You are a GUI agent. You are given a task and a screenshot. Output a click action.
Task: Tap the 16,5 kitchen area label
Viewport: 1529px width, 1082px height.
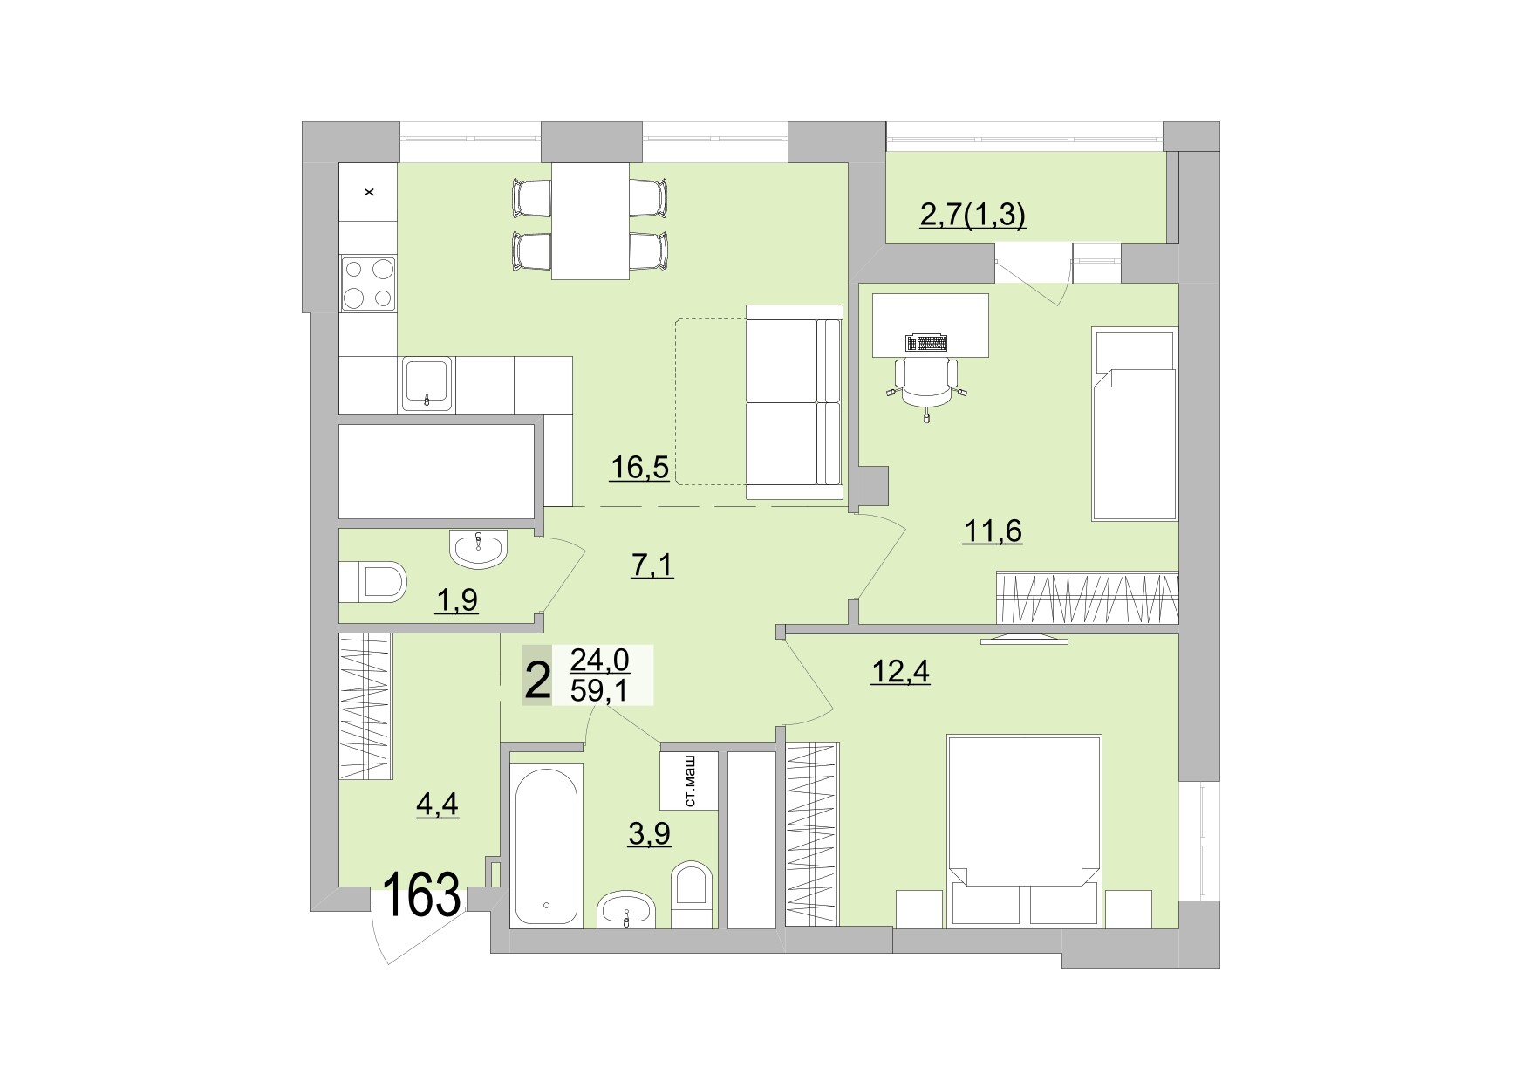(x=639, y=469)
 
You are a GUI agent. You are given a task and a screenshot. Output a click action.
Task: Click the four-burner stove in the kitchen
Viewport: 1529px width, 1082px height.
(x=367, y=284)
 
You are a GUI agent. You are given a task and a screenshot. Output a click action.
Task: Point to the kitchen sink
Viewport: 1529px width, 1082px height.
(x=427, y=383)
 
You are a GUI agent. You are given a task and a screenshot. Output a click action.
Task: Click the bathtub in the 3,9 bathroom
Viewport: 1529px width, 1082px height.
(x=547, y=845)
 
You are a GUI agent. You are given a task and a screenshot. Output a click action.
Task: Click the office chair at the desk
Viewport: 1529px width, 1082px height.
(x=926, y=384)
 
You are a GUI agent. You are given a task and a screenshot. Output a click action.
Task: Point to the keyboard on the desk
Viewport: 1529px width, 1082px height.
(x=927, y=342)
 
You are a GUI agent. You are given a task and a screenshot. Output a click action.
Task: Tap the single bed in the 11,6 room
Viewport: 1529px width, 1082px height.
(x=1135, y=425)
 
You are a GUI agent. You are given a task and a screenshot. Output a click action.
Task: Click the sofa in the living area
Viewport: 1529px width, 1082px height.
(x=794, y=403)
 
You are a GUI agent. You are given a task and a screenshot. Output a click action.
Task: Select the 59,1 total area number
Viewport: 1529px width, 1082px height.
(x=599, y=691)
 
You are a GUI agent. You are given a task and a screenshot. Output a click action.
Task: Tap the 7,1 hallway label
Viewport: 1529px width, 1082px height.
(x=652, y=566)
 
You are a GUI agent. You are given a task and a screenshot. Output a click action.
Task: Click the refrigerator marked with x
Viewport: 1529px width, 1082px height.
(x=368, y=192)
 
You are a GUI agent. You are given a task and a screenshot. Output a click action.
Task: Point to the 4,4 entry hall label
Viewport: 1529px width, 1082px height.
(x=437, y=803)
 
